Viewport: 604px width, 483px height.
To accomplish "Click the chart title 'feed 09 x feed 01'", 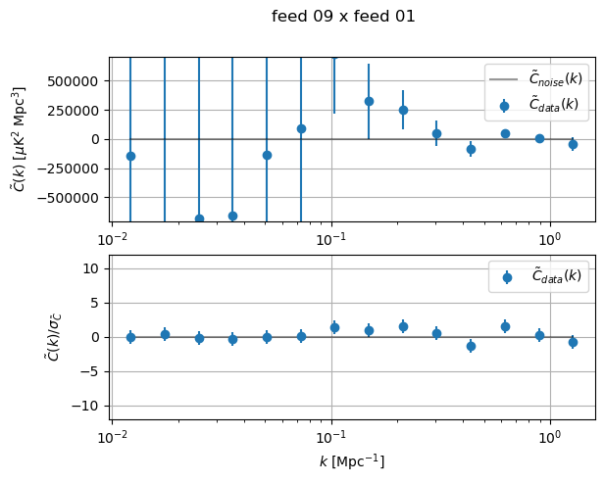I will [343, 17].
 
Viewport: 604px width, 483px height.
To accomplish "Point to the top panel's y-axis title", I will [19, 138].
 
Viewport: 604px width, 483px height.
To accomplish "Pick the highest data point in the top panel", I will [369, 101].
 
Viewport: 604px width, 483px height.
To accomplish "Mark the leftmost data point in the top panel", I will [130, 156].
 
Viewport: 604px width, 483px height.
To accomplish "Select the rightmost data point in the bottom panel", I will [573, 342].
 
